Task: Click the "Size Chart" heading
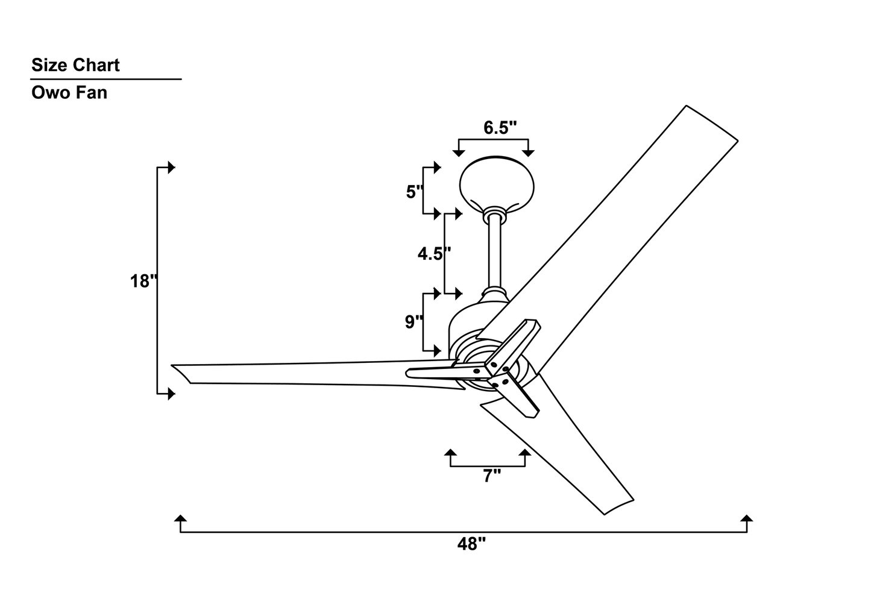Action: (x=75, y=65)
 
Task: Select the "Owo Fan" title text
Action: (x=69, y=93)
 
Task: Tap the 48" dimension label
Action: (x=471, y=544)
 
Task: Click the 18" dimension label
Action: (x=143, y=281)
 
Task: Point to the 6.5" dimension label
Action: (x=500, y=128)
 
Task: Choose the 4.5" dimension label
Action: (x=433, y=254)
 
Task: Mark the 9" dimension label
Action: (x=413, y=322)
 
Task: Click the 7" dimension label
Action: (x=492, y=476)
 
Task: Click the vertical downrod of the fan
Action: (x=494, y=253)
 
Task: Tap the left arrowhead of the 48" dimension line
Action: (x=180, y=519)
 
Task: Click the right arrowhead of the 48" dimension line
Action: (x=747, y=519)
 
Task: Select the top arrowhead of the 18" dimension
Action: (x=172, y=167)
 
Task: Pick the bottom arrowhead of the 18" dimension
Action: (x=172, y=394)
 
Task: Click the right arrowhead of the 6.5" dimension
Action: (x=529, y=153)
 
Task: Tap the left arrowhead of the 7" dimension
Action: (x=450, y=453)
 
